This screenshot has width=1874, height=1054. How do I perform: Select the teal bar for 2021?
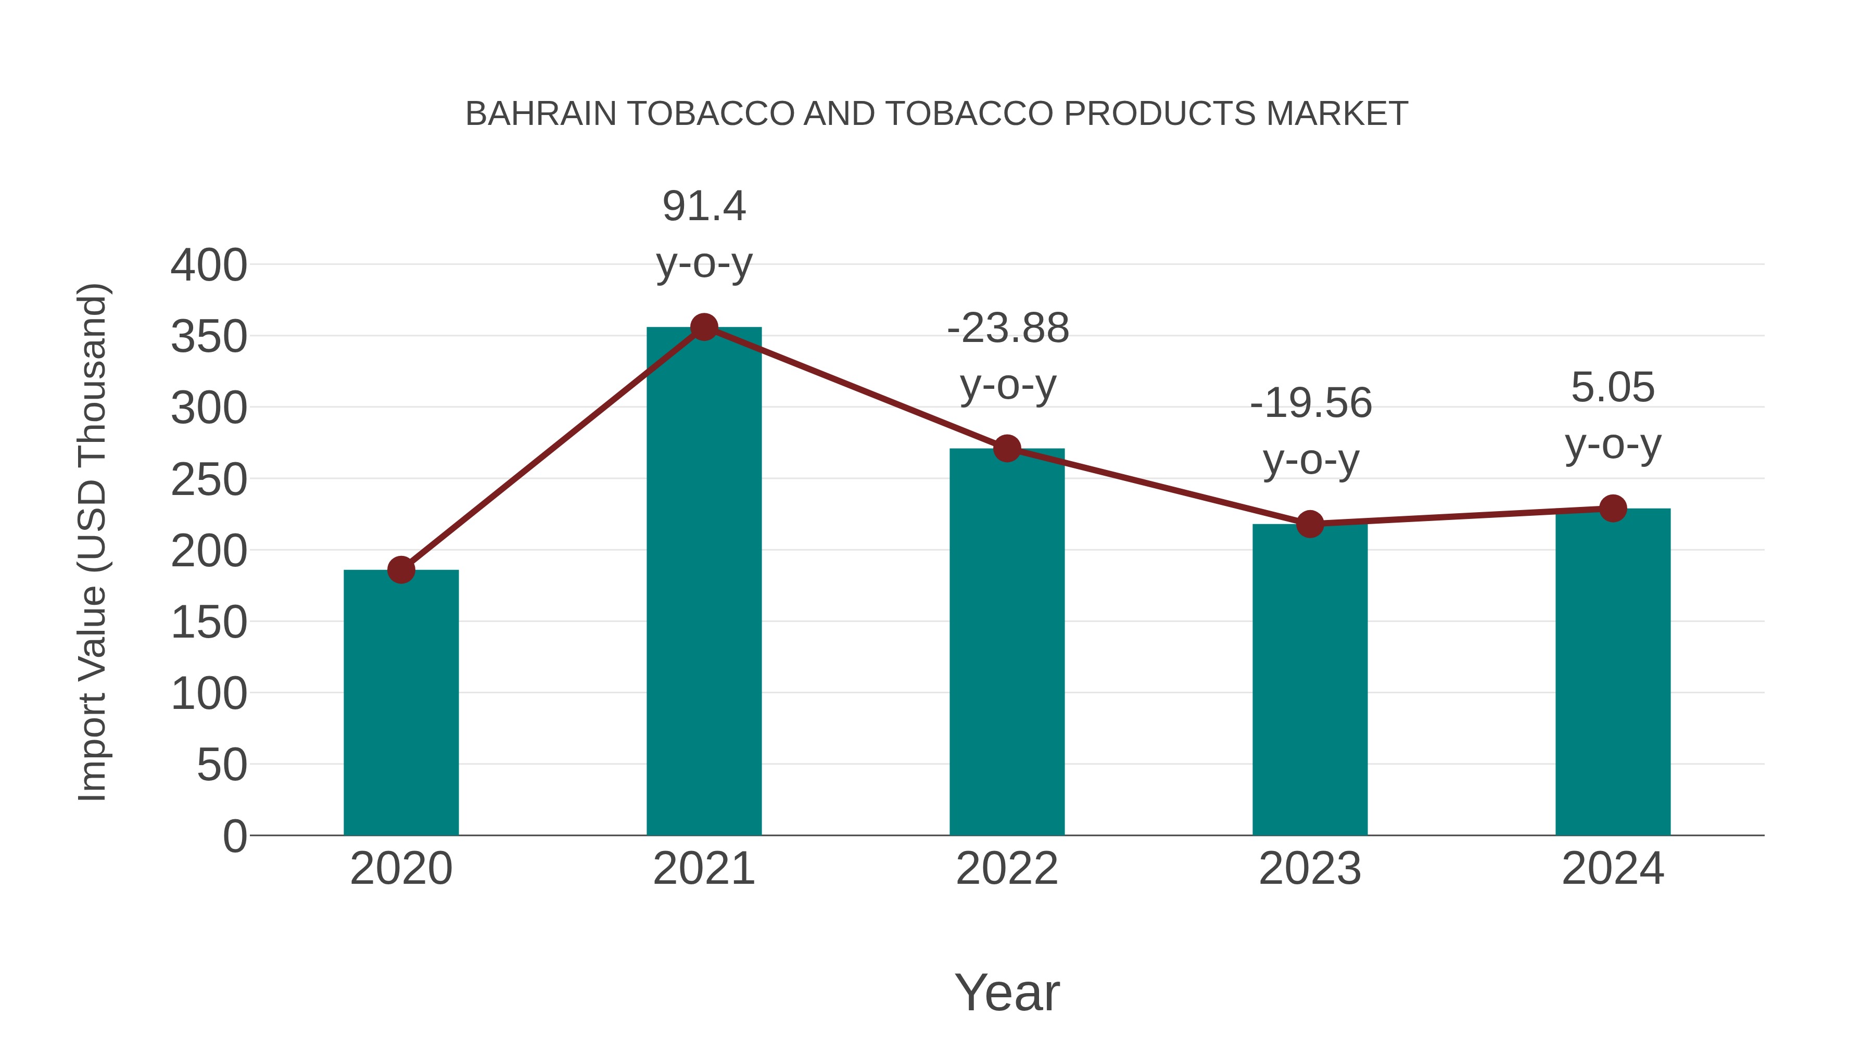pyautogui.click(x=703, y=582)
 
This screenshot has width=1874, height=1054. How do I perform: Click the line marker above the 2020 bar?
pyautogui.click(x=401, y=569)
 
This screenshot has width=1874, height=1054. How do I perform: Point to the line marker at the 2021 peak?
pyautogui.click(x=703, y=327)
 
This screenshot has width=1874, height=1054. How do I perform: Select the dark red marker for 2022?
pyautogui.click(x=1007, y=449)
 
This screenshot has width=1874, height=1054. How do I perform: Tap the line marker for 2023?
pyautogui.click(x=1310, y=524)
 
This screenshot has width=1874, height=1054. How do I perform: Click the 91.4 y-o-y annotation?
pyautogui.click(x=703, y=234)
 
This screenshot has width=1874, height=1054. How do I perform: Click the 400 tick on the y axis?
pyautogui.click(x=209, y=265)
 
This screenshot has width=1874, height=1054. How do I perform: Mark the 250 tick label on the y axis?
pyautogui.click(x=209, y=480)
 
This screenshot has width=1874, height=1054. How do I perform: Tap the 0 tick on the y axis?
pyautogui.click(x=234, y=836)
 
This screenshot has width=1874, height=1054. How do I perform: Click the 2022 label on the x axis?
pyautogui.click(x=1007, y=869)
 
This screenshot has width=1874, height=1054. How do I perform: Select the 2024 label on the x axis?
pyautogui.click(x=1612, y=869)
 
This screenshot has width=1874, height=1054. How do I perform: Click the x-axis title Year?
pyautogui.click(x=1007, y=993)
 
